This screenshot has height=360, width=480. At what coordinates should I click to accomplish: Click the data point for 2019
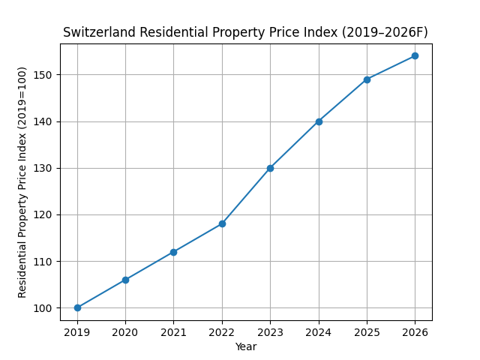[77, 307]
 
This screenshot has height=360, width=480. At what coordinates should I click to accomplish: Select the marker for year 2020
[125, 280]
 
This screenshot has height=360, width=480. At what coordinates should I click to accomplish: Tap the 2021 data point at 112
[173, 252]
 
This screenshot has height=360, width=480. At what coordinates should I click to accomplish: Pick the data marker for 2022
[222, 223]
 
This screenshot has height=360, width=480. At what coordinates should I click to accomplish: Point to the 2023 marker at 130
[270, 168]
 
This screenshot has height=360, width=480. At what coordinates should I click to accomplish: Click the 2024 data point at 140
[319, 121]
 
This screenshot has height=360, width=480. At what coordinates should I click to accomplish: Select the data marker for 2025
[367, 79]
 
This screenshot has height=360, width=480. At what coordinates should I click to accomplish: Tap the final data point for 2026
[415, 55]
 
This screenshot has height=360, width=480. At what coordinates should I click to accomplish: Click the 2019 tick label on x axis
[77, 331]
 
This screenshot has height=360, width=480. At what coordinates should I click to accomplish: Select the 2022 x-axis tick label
[222, 331]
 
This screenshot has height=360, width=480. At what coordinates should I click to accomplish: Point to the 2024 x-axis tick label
[319, 331]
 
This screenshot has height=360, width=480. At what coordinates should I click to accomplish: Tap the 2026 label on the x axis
[415, 331]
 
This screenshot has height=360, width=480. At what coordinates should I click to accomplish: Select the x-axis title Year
[246, 346]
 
